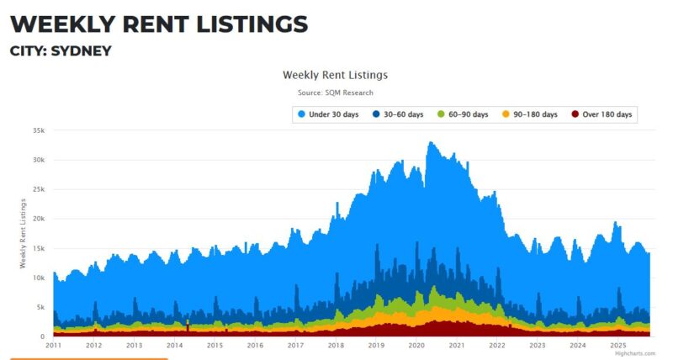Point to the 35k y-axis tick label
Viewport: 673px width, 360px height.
[x=37, y=130]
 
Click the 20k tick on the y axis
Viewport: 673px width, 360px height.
[x=37, y=219]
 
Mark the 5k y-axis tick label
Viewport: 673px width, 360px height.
[x=40, y=307]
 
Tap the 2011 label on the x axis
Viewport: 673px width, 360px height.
[x=54, y=346]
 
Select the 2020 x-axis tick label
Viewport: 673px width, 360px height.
[x=417, y=346]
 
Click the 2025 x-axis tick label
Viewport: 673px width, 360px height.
[x=619, y=346]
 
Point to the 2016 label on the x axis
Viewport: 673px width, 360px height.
[x=256, y=346]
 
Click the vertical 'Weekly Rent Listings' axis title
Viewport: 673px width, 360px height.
[x=24, y=234]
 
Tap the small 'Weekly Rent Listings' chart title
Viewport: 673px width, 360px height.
[x=335, y=75]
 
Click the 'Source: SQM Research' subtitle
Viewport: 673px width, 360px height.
[x=335, y=93]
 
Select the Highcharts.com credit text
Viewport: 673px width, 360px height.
[x=634, y=353]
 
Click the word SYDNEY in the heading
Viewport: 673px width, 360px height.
[x=82, y=50]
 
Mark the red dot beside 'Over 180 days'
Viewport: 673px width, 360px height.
[x=575, y=114]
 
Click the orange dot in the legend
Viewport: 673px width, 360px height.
[x=506, y=114]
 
